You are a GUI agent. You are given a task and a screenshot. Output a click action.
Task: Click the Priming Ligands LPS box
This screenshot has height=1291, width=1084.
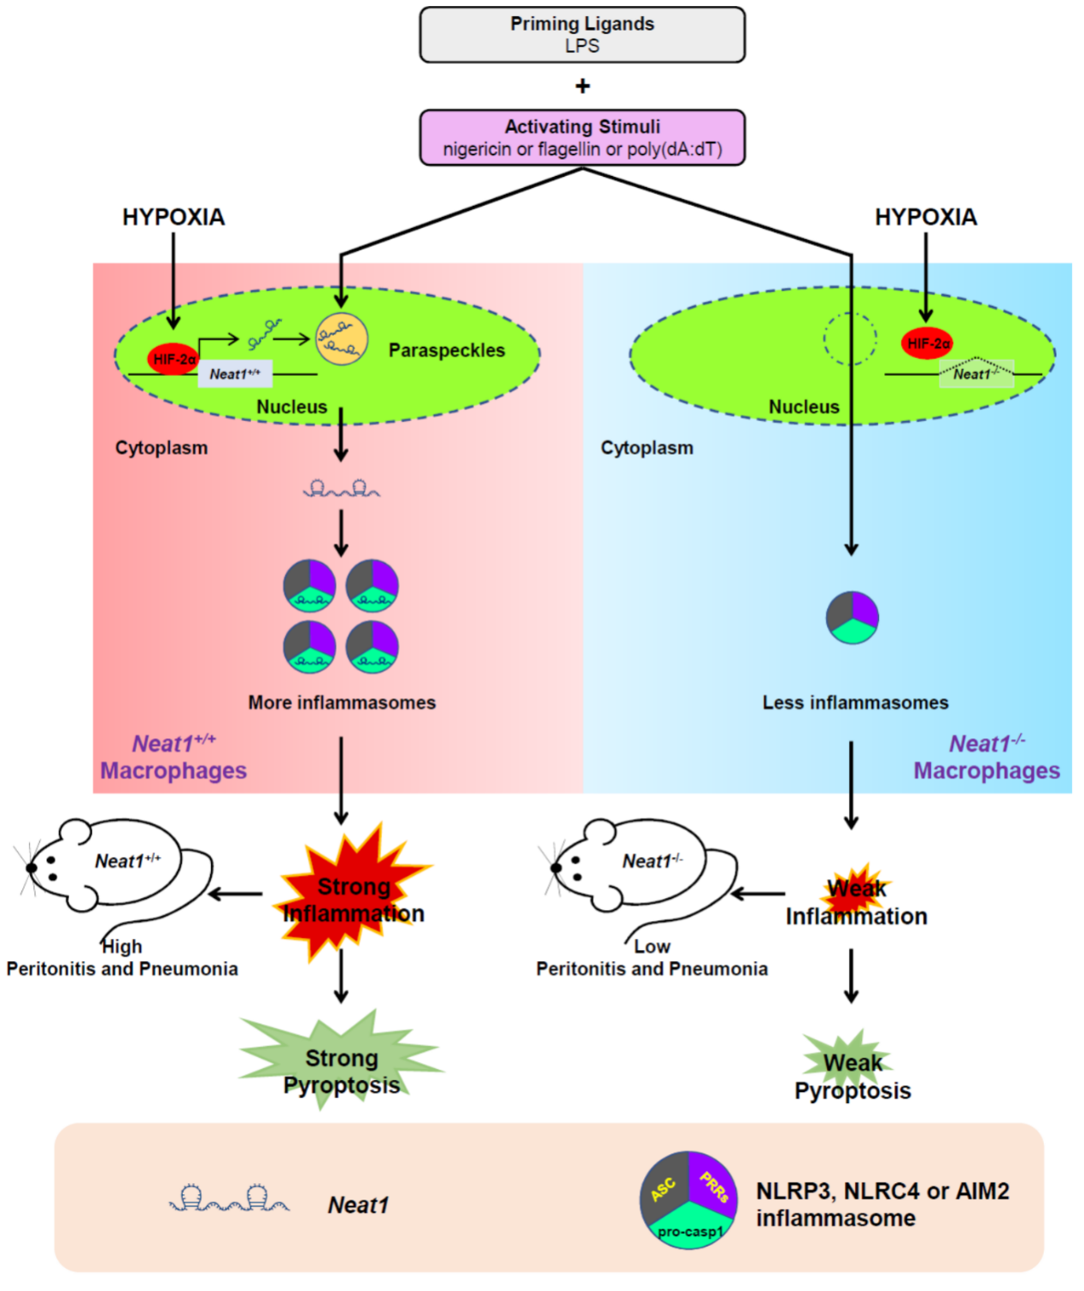coord(582,35)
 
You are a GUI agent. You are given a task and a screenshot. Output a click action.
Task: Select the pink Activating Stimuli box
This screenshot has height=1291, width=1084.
coord(582,138)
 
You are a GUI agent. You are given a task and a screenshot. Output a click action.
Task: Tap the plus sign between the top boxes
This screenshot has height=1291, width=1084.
coord(583,86)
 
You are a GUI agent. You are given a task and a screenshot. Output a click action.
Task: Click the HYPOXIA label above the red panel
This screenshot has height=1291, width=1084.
coord(173,217)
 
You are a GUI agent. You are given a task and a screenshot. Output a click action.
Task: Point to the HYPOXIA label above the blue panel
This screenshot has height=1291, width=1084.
coord(925,217)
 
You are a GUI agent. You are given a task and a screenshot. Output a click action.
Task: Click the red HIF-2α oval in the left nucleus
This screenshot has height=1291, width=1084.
coord(173,360)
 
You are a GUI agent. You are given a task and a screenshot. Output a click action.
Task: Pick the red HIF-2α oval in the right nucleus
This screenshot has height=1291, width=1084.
coord(928,343)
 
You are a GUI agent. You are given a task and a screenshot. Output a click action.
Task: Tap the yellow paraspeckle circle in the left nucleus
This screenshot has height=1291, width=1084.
coord(342,339)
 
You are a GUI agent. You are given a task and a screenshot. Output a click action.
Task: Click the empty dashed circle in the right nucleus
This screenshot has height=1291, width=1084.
coord(850,338)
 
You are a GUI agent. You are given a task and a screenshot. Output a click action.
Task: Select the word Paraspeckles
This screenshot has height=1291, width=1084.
coord(446,350)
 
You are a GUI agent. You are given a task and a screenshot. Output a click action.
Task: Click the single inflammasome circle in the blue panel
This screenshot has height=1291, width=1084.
coord(852,617)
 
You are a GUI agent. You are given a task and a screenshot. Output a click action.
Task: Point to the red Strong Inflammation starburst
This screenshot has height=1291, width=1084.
coord(353,893)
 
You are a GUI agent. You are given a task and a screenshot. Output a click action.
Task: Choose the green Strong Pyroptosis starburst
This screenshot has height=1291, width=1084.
coord(341,1059)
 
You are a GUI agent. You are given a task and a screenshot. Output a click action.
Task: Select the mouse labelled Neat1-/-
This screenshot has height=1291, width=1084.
coord(641,867)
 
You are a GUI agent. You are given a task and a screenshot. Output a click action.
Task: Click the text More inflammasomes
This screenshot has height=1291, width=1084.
coord(342,702)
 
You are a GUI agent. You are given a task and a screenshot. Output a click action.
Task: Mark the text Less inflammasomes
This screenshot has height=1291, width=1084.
coord(855,702)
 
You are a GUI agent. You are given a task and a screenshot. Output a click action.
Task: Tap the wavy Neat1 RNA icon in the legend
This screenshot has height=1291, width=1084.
coord(229,1200)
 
